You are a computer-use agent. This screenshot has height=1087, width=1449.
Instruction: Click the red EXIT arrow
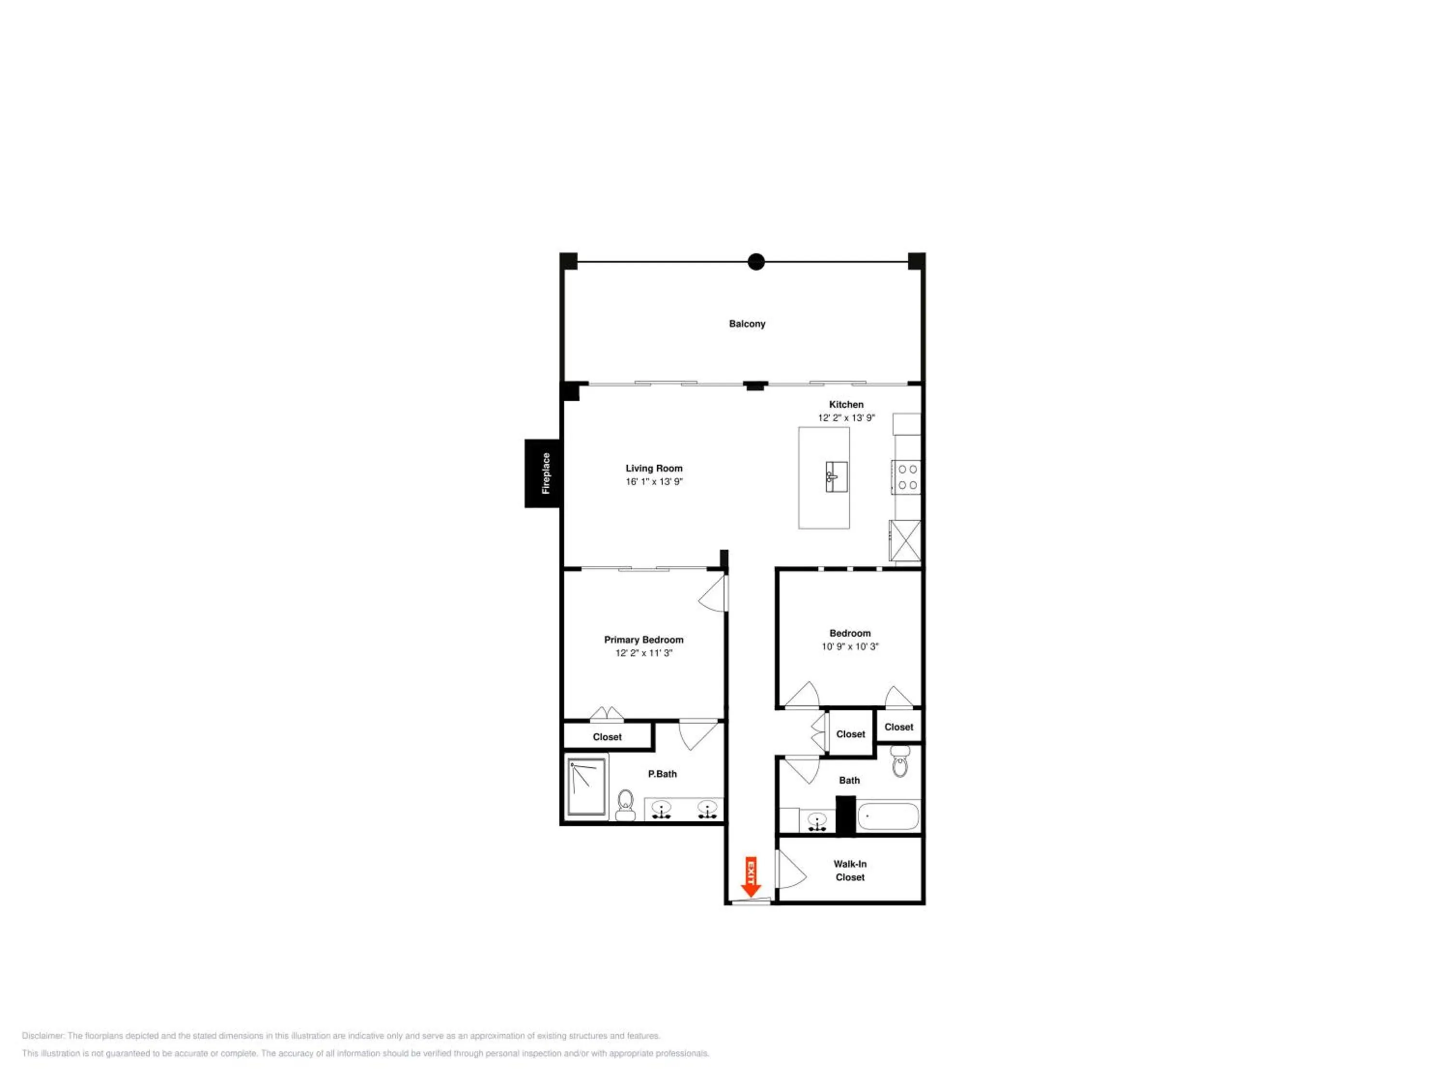tap(751, 877)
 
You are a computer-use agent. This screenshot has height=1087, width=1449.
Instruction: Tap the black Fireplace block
tap(542, 473)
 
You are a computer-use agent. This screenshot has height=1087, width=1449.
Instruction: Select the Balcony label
tap(747, 324)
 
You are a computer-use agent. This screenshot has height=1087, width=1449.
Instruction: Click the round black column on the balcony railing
tap(756, 262)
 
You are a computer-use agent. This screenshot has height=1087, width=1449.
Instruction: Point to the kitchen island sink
tap(837, 476)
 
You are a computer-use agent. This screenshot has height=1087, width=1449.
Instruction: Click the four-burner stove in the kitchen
tap(907, 477)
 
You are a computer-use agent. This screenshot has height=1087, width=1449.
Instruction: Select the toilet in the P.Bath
tap(625, 804)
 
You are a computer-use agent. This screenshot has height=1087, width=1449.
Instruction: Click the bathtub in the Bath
tap(888, 816)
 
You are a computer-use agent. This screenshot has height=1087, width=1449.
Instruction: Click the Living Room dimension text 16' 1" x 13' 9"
tap(654, 482)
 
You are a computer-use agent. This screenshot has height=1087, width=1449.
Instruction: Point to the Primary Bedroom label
tap(643, 640)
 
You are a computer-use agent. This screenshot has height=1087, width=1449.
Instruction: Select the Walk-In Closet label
tap(850, 871)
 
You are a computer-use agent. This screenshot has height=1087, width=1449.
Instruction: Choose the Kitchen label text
tap(846, 404)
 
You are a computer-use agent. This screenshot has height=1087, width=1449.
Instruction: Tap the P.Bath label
tap(662, 774)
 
